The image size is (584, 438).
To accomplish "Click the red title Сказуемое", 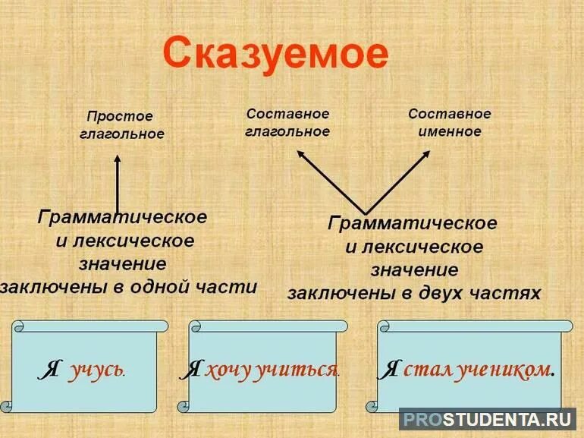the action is [x=275, y=55].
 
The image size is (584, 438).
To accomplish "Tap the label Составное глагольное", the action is [x=287, y=122].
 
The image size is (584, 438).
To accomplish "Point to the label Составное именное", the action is [x=450, y=122].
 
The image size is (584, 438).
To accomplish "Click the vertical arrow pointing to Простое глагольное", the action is [x=117, y=181].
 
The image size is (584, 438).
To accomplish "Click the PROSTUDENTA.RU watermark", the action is [x=488, y=419].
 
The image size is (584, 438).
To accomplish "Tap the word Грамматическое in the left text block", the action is [x=121, y=217].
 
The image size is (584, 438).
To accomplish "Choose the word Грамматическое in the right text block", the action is [x=412, y=223].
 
